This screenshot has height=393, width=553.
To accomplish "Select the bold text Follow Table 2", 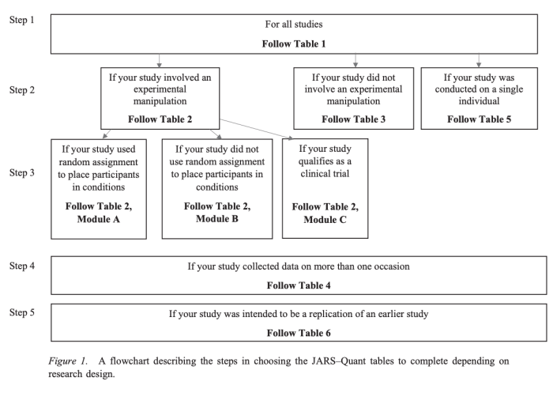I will pos(160,119).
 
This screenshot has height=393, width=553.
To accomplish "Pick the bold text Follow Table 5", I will pos(480,119).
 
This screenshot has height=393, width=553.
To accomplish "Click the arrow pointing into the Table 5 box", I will pos(479,60).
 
